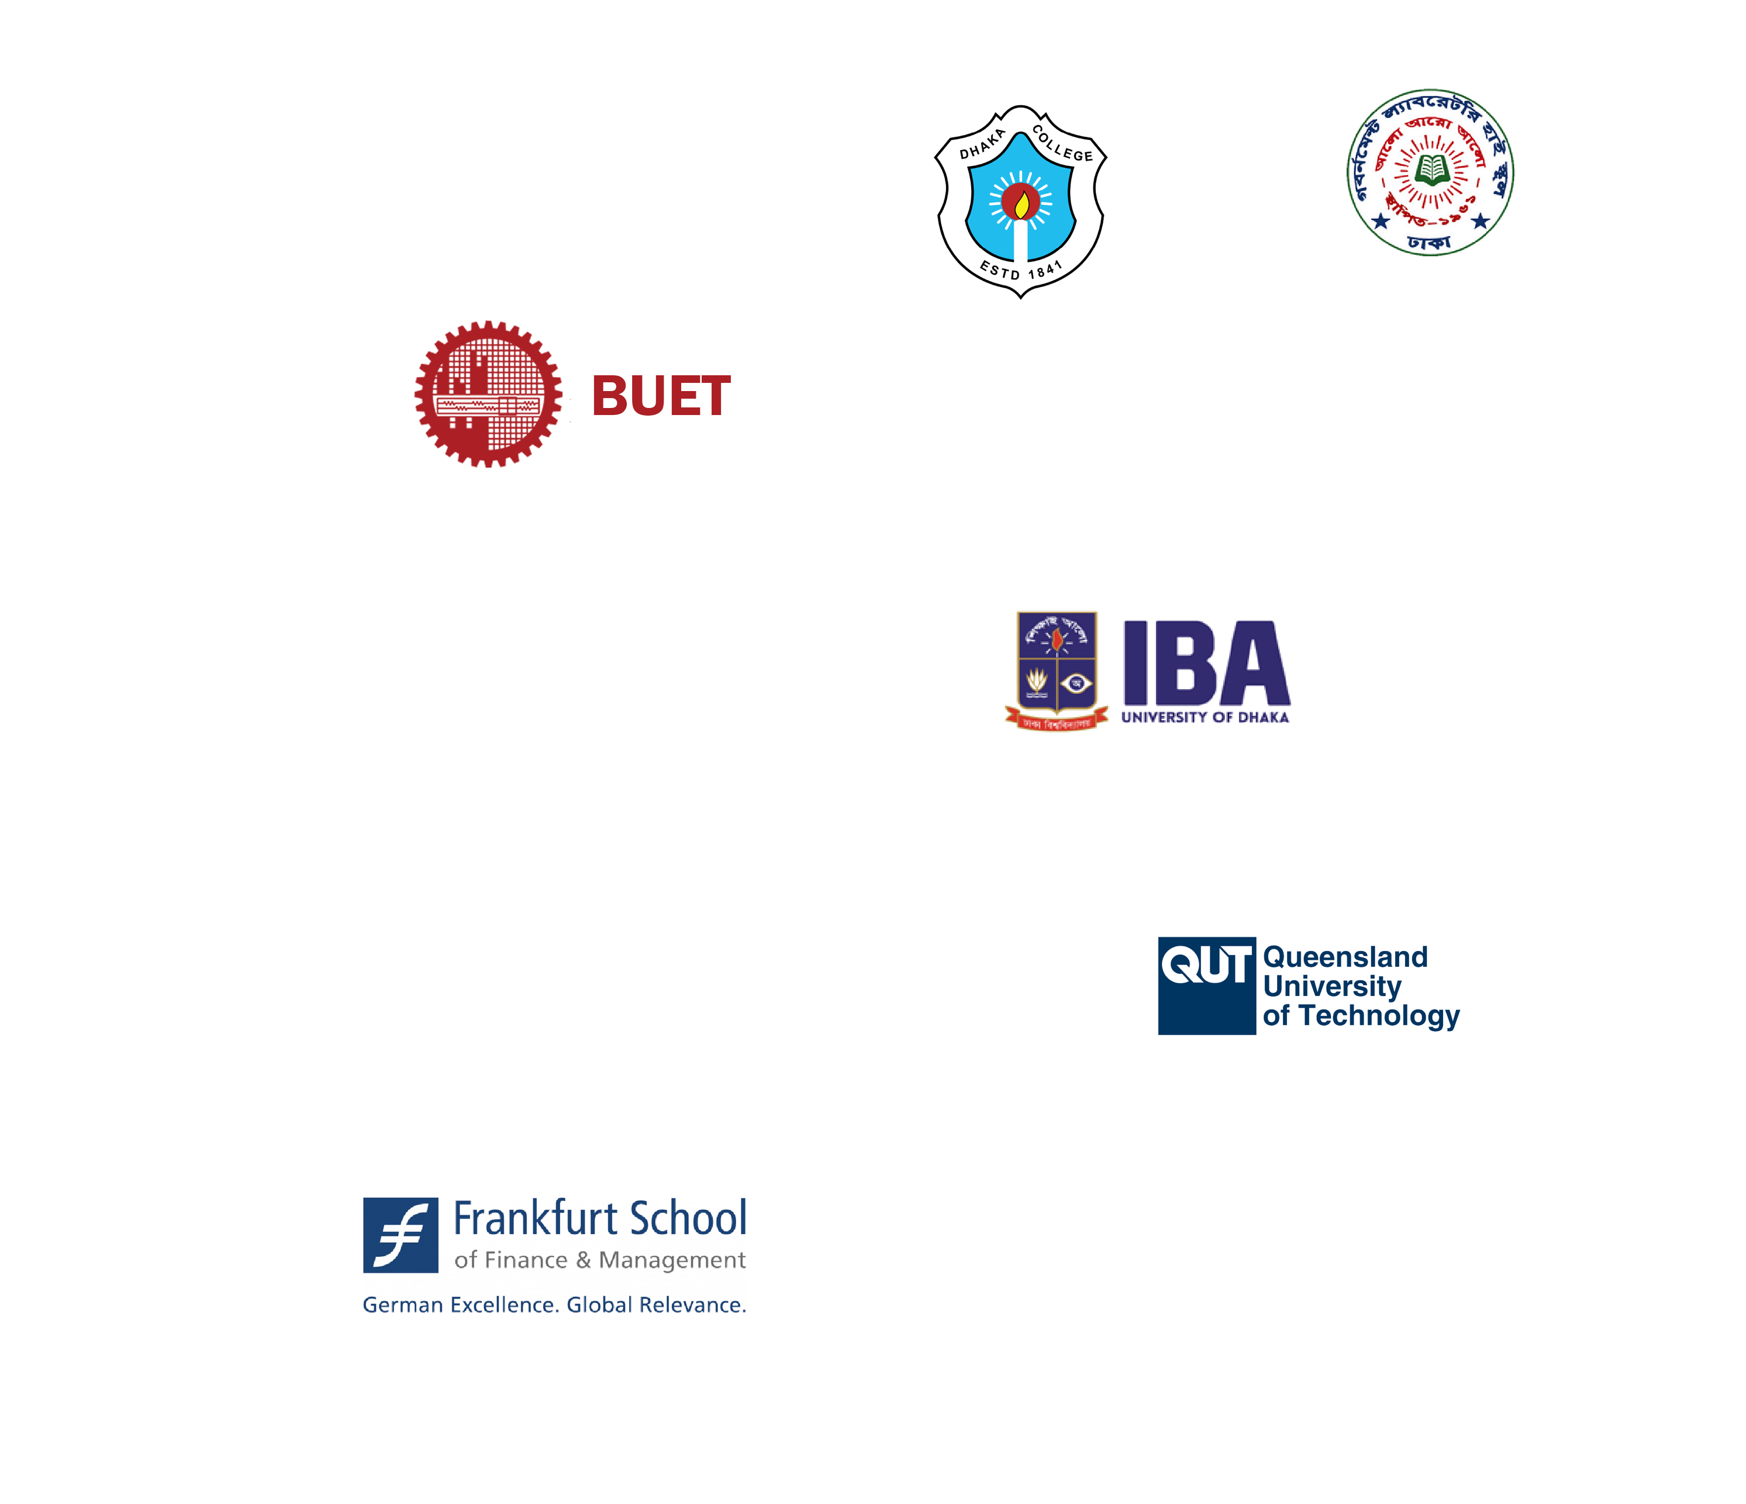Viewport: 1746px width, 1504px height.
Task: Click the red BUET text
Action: pyautogui.click(x=661, y=396)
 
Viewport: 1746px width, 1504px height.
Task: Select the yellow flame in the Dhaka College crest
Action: pyautogui.click(x=1022, y=205)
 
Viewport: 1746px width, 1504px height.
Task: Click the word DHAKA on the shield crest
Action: pyautogui.click(x=982, y=144)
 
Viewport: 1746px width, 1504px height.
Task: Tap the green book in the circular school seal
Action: pyautogui.click(x=1430, y=168)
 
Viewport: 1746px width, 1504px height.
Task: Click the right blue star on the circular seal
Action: pyautogui.click(x=1481, y=222)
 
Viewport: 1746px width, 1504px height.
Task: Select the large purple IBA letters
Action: pyautogui.click(x=1206, y=663)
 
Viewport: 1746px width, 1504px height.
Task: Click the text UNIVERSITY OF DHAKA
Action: pyautogui.click(x=1205, y=717)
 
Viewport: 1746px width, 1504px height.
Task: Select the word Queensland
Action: pyautogui.click(x=1345, y=957)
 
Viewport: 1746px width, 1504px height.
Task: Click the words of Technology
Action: pyautogui.click(x=1361, y=1015)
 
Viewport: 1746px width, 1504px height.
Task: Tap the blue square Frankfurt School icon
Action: pyautogui.click(x=401, y=1235)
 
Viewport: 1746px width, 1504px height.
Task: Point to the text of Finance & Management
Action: pyautogui.click(x=600, y=1260)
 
